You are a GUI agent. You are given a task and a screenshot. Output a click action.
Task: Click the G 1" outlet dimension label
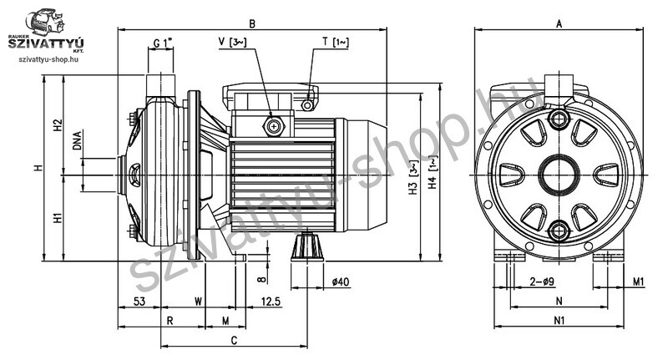[163, 43]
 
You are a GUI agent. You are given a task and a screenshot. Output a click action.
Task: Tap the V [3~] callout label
[232, 42]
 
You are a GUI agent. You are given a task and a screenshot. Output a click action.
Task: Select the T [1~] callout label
[336, 42]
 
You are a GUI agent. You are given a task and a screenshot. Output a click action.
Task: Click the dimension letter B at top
[252, 24]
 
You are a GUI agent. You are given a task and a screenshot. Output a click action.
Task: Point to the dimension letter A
[559, 24]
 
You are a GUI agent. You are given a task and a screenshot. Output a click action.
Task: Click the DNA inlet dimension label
[77, 140]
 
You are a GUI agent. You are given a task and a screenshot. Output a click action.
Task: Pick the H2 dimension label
[58, 124]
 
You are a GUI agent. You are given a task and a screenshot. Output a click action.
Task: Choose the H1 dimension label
[58, 218]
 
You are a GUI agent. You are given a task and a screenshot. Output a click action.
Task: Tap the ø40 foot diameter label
[341, 281]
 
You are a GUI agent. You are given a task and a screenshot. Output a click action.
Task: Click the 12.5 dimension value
[271, 302]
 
